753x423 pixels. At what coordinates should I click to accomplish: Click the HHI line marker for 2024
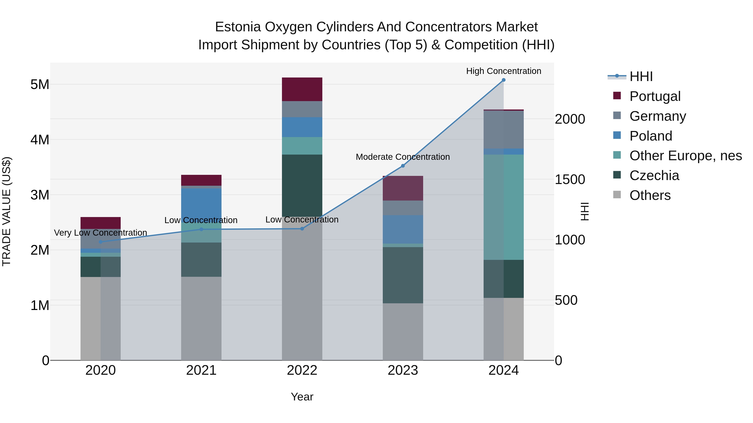503,80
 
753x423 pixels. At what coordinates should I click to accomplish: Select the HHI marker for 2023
403,166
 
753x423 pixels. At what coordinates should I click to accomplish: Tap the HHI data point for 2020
101,242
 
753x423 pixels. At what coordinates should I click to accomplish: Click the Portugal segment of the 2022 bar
302,89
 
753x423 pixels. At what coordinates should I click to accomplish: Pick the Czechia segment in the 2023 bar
403,275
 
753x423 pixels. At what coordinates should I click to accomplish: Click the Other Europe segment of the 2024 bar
503,207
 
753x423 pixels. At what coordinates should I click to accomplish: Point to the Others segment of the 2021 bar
201,318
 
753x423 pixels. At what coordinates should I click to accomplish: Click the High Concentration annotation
503,71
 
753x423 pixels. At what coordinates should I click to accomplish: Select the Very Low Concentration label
101,233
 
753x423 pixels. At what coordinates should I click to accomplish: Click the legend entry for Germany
657,116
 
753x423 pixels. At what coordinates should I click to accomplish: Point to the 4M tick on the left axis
40,140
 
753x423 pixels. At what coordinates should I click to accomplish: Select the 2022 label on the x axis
302,370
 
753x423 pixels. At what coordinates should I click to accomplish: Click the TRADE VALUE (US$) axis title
6,211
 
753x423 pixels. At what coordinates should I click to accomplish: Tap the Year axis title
302,397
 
